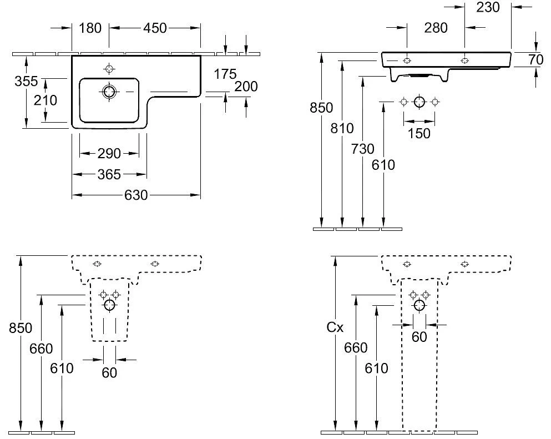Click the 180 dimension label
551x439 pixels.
90,28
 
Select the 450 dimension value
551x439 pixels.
155,28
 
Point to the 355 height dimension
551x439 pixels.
27,81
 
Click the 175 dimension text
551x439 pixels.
225,73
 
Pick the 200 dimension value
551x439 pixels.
246,87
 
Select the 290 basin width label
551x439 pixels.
109,154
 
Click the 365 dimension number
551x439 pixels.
109,175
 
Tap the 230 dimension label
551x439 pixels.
488,7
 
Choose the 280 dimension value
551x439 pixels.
436,28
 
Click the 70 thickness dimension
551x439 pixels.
535,60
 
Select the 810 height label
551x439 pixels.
342,129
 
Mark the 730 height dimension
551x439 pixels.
363,149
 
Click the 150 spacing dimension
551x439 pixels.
419,133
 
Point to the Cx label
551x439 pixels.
335,329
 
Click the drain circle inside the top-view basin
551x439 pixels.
109,91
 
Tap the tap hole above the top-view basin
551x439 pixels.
109,69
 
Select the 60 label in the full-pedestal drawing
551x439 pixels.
419,337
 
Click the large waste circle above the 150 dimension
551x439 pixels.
419,102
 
